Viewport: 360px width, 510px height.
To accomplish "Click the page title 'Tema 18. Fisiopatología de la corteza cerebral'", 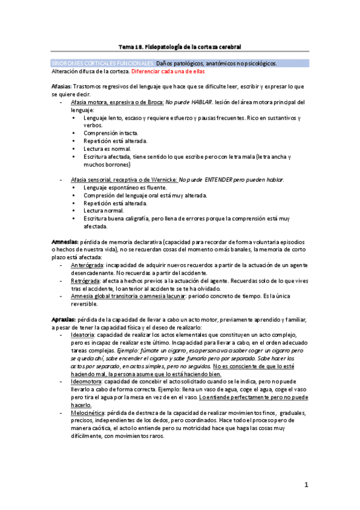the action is [x=180, y=46].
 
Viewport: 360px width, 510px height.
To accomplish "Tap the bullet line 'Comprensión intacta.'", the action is [x=111, y=133].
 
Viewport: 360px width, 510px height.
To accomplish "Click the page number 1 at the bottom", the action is [x=305, y=485].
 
